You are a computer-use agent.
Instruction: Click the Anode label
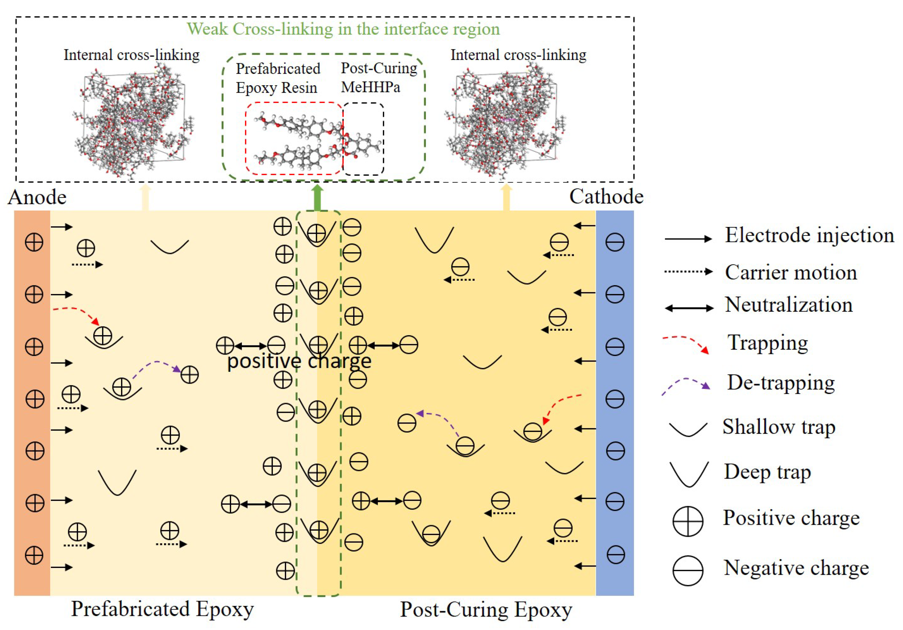point(37,197)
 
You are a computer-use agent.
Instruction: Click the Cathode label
point(606,196)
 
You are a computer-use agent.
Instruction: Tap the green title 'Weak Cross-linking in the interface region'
point(343,29)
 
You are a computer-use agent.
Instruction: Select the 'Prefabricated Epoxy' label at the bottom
point(162,609)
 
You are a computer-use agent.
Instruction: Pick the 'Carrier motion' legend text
point(790,272)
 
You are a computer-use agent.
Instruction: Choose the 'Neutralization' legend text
point(789,305)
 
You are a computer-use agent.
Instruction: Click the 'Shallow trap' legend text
point(779,427)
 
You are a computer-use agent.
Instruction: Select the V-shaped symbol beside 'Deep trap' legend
point(689,474)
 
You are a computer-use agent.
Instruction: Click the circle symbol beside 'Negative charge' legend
point(688,571)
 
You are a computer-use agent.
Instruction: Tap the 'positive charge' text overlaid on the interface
point(299,361)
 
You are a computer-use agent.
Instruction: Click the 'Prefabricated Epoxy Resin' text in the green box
point(278,78)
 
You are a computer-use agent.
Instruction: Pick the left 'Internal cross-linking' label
point(131,55)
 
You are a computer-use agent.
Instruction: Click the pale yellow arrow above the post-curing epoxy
point(506,198)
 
